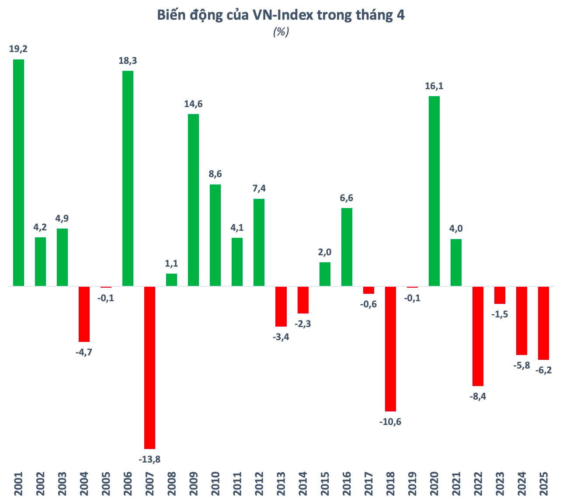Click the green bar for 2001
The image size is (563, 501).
tap(18, 173)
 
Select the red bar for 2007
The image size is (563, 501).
tap(150, 367)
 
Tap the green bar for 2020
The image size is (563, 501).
tap(434, 191)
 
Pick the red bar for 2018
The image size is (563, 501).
tap(390, 348)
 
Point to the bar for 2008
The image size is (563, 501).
tap(172, 280)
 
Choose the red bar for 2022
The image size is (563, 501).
tap(478, 336)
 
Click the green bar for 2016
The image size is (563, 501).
tap(347, 247)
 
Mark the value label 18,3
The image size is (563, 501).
tap(128, 61)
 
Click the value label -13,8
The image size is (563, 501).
tap(149, 459)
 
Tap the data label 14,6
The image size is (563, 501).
tap(193, 104)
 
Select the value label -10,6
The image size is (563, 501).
tap(390, 422)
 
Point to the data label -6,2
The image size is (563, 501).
tap(544, 370)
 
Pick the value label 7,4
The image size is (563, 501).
tap(259, 188)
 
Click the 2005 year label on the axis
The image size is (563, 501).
tap(106, 484)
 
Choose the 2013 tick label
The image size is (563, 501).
tap(281, 484)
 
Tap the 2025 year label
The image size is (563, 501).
tap(544, 484)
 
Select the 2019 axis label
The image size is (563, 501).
tap(412, 484)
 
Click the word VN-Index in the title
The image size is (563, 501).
tap(282, 15)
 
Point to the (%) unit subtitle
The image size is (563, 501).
tap(281, 32)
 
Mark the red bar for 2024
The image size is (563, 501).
tap(521, 320)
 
